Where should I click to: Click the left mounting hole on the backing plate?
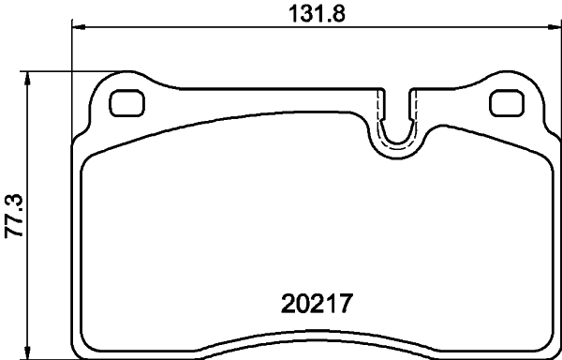[x=124, y=103]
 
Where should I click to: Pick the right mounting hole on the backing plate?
[x=506, y=103]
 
